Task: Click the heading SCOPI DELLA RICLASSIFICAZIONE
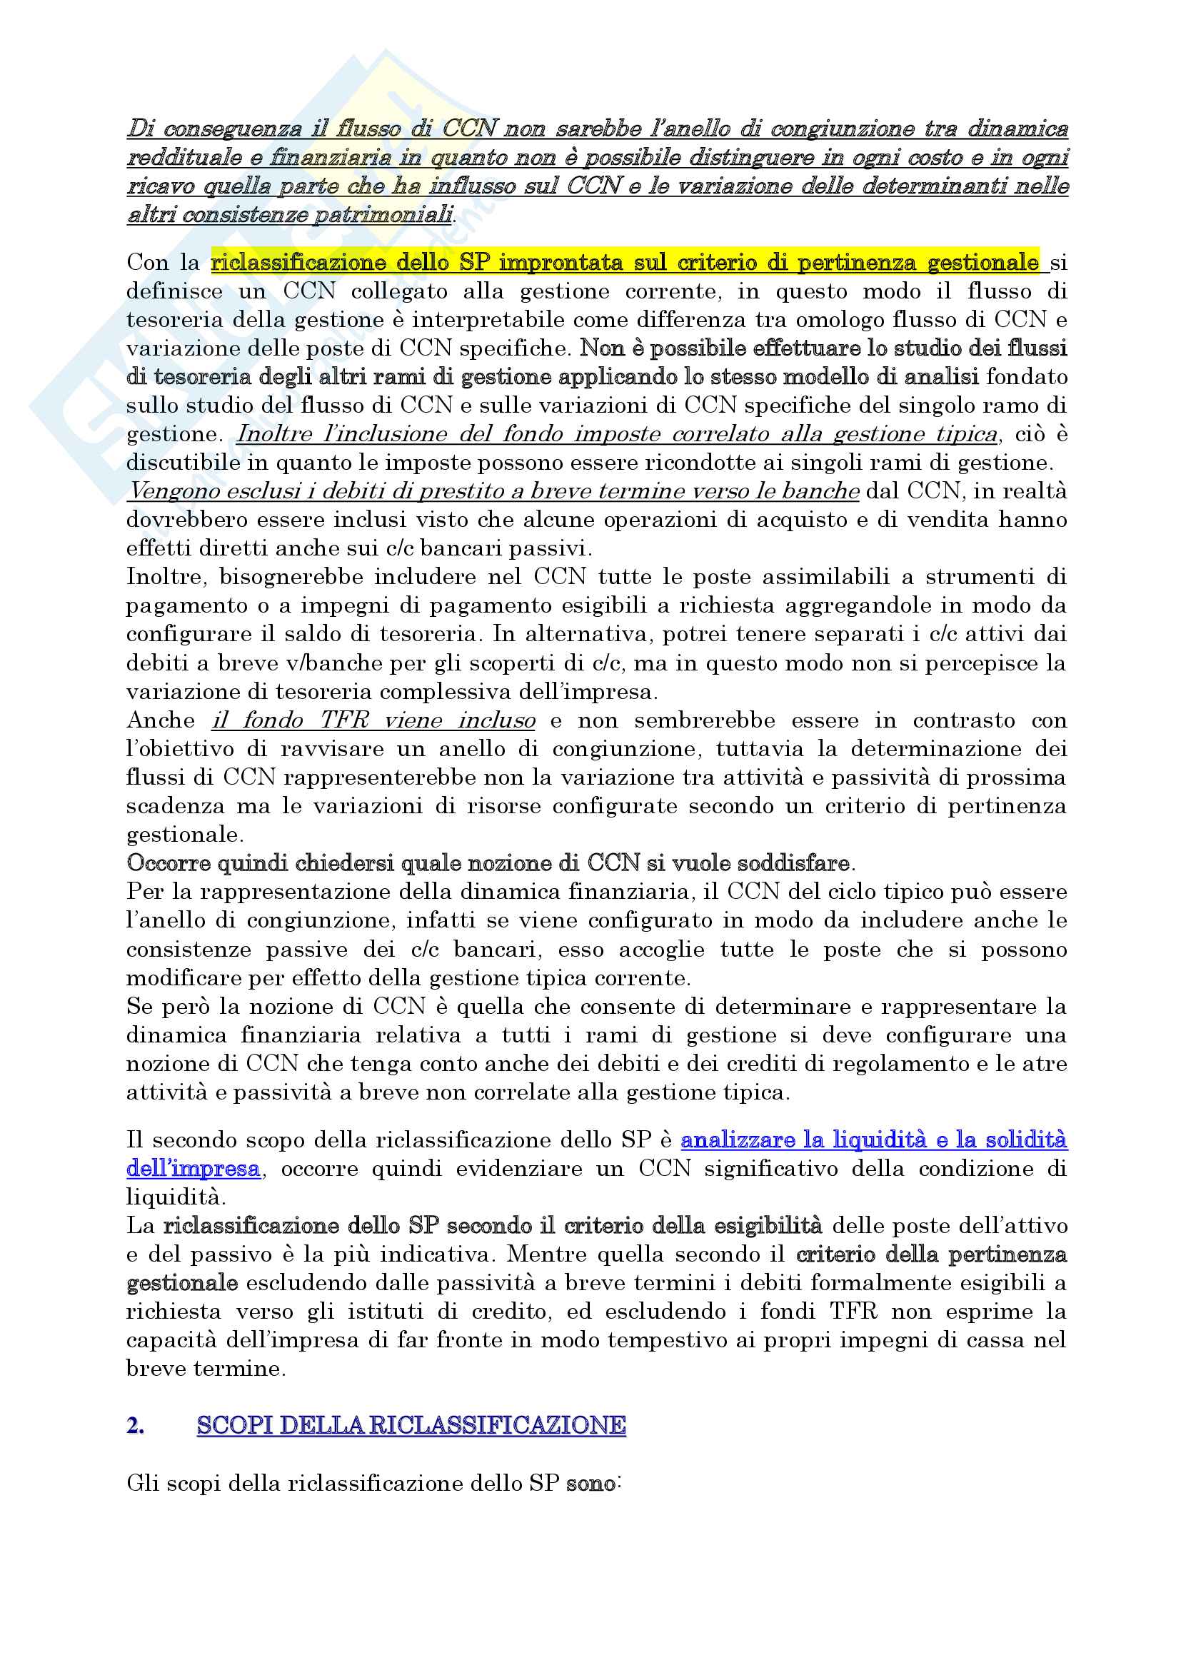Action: coord(411,1425)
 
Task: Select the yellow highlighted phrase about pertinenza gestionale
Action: coord(625,262)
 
